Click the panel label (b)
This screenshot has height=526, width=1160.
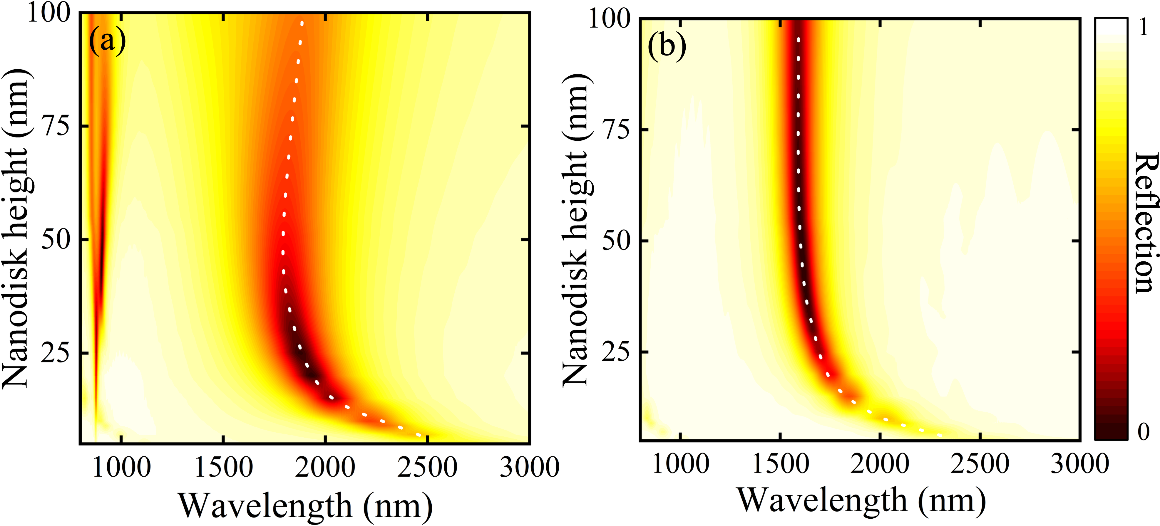(x=667, y=46)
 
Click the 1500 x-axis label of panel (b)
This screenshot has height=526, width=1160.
(x=780, y=463)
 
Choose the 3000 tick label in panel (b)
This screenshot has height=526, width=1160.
(x=1079, y=463)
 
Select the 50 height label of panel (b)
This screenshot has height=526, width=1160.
(x=616, y=241)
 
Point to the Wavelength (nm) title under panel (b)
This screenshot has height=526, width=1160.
(x=861, y=500)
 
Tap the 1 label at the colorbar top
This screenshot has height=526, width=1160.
(x=1143, y=28)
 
